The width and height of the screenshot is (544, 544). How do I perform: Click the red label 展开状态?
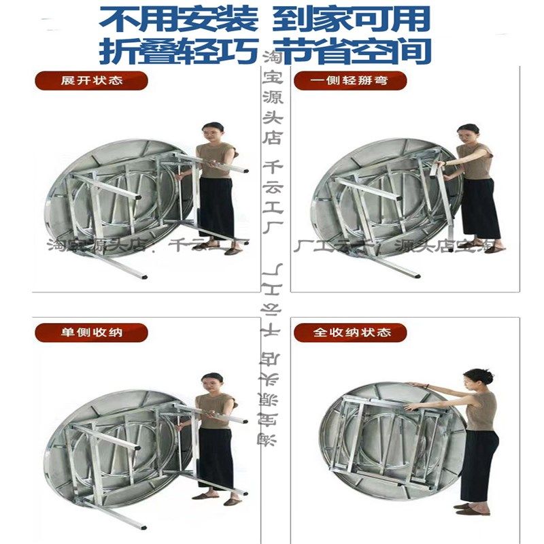[x=91, y=80]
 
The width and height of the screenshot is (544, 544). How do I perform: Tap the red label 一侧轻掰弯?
[x=350, y=80]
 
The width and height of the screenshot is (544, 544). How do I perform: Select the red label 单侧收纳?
[x=91, y=333]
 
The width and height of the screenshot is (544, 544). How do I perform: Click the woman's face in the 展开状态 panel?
[x=214, y=131]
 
